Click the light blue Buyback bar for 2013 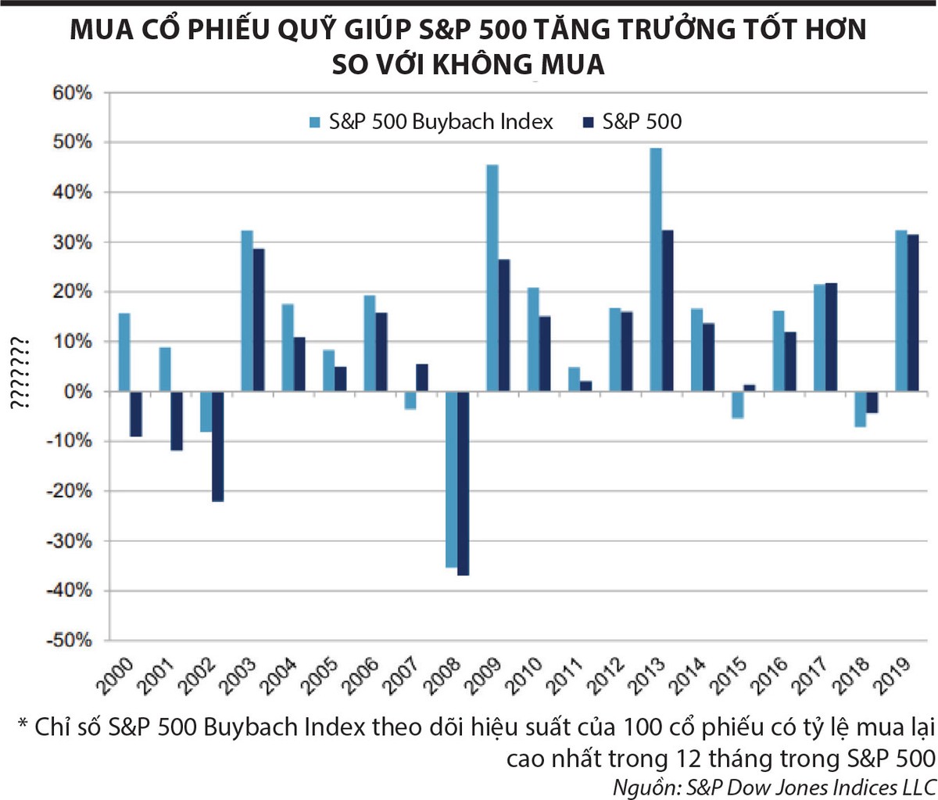pyautogui.click(x=656, y=269)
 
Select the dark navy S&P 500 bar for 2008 pyautogui.click(x=464, y=483)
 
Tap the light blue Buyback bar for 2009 pyautogui.click(x=492, y=278)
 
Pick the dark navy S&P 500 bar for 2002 pyautogui.click(x=218, y=446)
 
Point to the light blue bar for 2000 pyautogui.click(x=124, y=352)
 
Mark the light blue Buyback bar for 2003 pyautogui.click(x=247, y=310)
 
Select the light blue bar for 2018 pyautogui.click(x=860, y=408)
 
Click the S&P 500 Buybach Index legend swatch pyautogui.click(x=315, y=122)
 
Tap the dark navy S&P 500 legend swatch pyautogui.click(x=589, y=122)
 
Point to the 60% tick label pyautogui.click(x=73, y=93)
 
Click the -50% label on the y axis pyautogui.click(x=70, y=640)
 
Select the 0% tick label pyautogui.click(x=77, y=391)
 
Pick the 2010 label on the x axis pyautogui.click(x=524, y=676)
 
